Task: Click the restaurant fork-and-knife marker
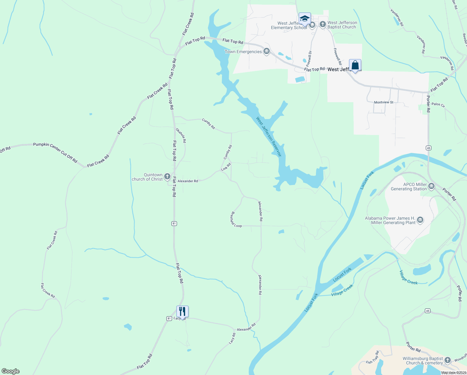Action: point(182,311)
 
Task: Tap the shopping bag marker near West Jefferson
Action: point(355,65)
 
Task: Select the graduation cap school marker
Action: point(305,18)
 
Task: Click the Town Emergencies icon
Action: point(266,52)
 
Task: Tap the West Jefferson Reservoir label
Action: point(268,137)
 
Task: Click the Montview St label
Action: point(384,102)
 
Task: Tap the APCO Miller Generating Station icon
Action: point(431,187)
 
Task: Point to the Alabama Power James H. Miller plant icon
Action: point(420,220)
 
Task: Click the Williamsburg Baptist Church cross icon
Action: point(448,360)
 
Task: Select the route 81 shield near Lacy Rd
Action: point(169,318)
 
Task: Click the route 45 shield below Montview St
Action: point(429,148)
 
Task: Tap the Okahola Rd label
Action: point(181,135)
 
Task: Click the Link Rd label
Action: point(226,167)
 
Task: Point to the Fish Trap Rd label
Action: point(372,357)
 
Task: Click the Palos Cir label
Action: point(438,105)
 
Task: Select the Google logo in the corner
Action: point(11,371)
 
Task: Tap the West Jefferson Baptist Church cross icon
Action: point(323,24)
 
